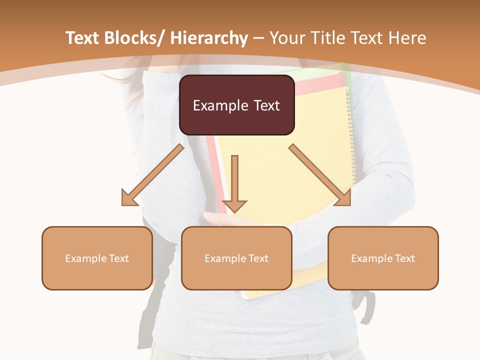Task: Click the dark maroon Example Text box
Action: (x=236, y=105)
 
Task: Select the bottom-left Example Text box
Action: (x=97, y=258)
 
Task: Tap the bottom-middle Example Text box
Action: (x=236, y=258)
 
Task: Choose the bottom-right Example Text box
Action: (x=383, y=258)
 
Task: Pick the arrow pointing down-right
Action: (x=320, y=175)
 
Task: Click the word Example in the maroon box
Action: (x=220, y=105)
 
